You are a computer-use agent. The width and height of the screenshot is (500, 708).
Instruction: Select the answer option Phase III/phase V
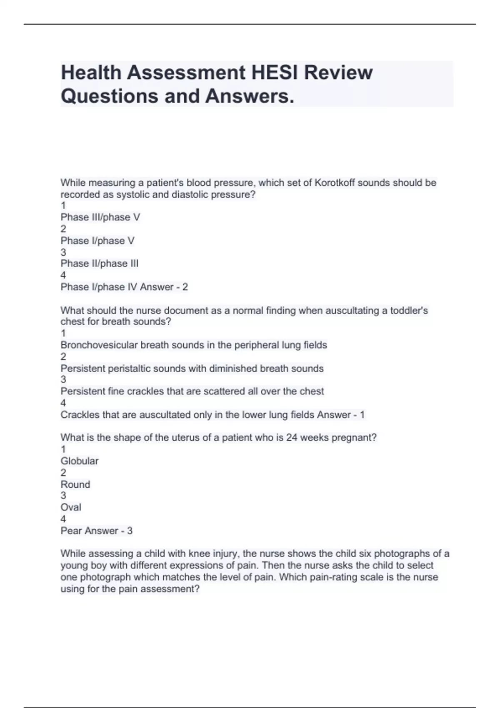100,217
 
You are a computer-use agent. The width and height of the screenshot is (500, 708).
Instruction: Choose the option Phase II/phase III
99,263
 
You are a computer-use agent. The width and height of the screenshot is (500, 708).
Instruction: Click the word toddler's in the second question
409,310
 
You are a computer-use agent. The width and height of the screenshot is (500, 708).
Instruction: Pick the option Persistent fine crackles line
192,391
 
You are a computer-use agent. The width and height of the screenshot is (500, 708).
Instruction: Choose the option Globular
80,461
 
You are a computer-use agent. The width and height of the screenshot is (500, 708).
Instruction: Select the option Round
75,484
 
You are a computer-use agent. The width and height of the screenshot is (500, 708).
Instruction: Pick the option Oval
71,507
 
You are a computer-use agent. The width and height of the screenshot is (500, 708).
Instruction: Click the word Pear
71,531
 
